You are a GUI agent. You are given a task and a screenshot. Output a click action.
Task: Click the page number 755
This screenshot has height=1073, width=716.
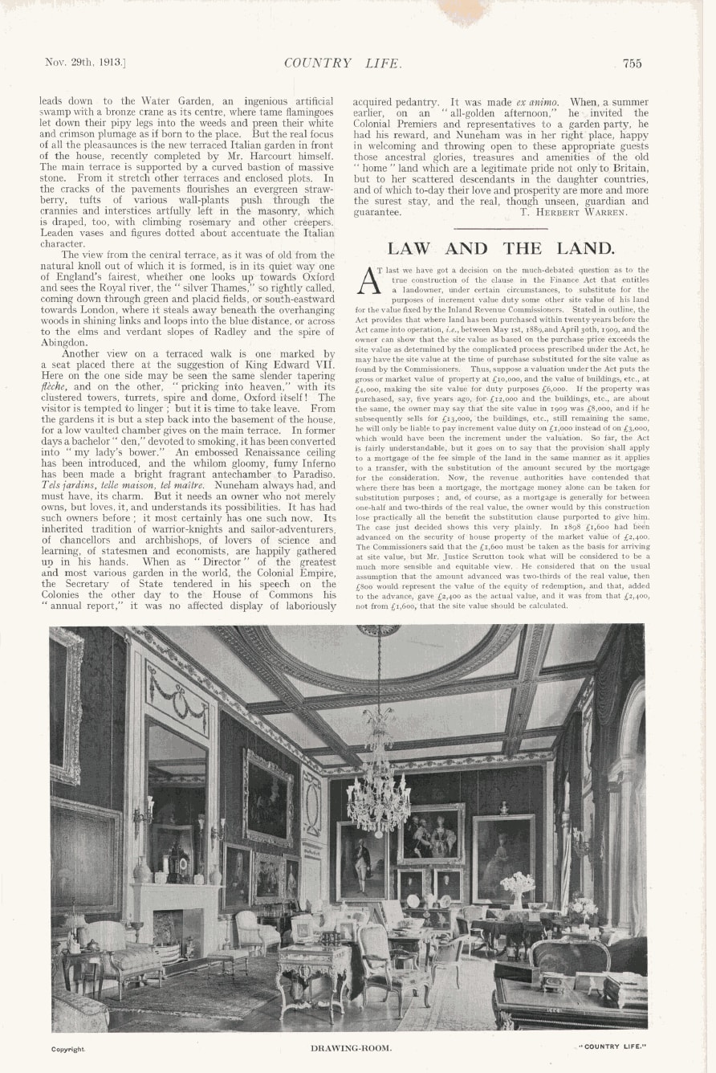(632, 63)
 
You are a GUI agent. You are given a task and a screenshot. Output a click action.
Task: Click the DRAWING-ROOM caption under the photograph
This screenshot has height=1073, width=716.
(352, 1048)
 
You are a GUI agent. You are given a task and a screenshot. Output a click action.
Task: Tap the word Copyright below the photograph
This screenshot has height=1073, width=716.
(68, 1049)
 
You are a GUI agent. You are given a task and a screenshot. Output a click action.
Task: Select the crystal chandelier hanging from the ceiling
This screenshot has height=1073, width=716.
(378, 795)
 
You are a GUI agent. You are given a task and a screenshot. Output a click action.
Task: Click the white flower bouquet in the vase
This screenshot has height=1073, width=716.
(517, 882)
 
